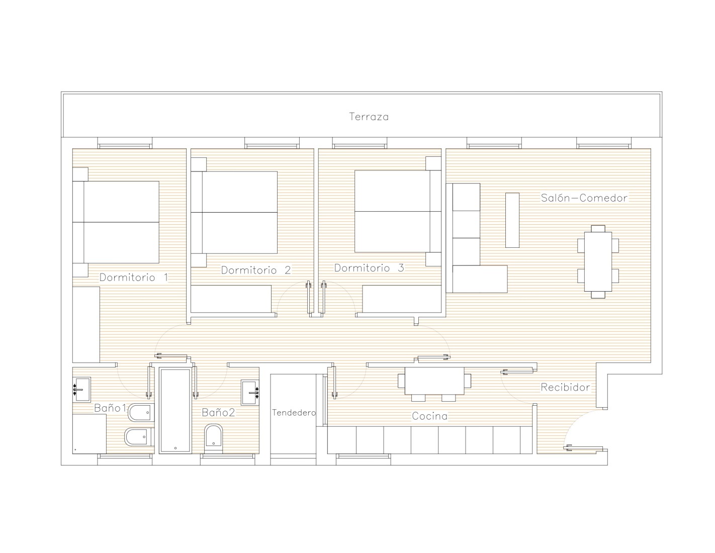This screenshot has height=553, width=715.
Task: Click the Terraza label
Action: pos(369,117)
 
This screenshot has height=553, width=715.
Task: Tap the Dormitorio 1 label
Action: pos(134,278)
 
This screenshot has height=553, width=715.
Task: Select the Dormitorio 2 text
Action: pos(255,270)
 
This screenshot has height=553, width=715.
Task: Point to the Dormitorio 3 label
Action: pos(369,268)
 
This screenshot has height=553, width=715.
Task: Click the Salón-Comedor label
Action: pos(584,198)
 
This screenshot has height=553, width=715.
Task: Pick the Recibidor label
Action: pos(565,387)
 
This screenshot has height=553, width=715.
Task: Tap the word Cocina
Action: pos(429,416)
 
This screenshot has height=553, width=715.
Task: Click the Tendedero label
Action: pos(294,413)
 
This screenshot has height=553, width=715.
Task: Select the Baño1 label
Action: pos(110,408)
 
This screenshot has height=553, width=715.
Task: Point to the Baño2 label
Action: pos(219,412)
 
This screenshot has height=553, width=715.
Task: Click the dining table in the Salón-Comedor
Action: pos(598,261)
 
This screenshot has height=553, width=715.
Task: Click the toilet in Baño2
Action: pos(213,439)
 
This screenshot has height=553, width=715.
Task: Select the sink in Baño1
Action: pos(81,390)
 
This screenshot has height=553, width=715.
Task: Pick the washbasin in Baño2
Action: pos(250,393)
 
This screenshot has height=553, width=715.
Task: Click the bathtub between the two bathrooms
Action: pos(175,411)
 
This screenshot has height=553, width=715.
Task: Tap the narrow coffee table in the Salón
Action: pos(512,220)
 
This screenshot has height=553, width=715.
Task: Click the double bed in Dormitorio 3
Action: pos(398,211)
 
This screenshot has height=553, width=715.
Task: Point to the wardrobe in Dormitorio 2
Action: pos(231,299)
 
